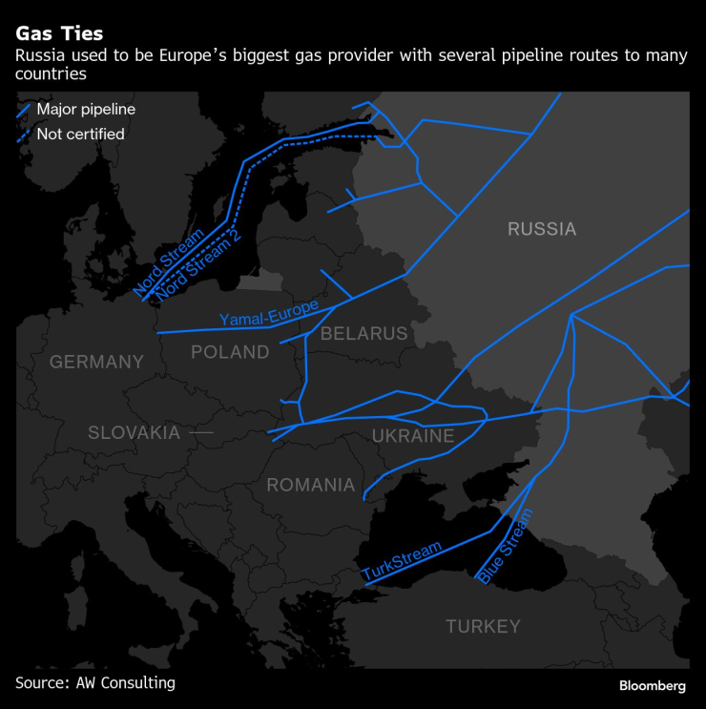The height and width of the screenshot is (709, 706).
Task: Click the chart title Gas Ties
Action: (x=59, y=34)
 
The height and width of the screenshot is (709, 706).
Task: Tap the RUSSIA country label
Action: (x=542, y=229)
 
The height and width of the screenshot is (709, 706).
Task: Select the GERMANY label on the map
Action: (x=96, y=362)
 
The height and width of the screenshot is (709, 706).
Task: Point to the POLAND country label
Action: (x=230, y=352)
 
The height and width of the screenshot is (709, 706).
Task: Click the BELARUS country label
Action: (x=363, y=333)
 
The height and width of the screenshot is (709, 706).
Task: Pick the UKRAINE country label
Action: (x=413, y=436)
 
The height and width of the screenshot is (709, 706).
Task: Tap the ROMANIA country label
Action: (x=310, y=485)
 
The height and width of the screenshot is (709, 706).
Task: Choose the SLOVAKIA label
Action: (x=134, y=432)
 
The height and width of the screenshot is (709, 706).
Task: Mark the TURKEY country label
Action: (x=483, y=626)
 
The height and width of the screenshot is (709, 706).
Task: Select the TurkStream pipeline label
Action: (x=402, y=561)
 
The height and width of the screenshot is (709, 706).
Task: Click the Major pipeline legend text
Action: (x=86, y=110)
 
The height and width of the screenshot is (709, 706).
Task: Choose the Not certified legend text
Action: (x=80, y=135)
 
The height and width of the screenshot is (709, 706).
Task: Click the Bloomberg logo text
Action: (x=652, y=685)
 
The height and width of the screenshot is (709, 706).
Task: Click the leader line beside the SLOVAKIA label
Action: (x=200, y=432)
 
